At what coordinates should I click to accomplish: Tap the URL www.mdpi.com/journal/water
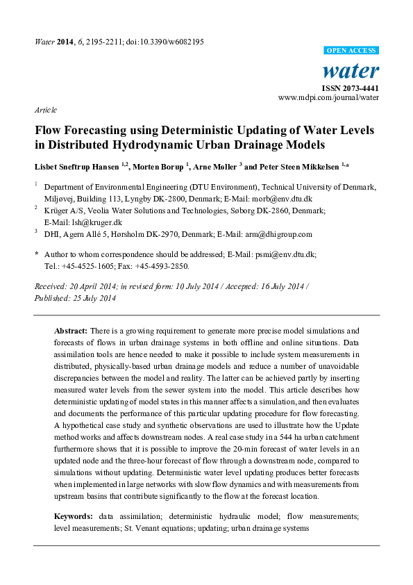[x=328, y=99]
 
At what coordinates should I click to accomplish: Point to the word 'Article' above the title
[x=46, y=110]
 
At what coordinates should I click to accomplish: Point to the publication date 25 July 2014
[x=93, y=298]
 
